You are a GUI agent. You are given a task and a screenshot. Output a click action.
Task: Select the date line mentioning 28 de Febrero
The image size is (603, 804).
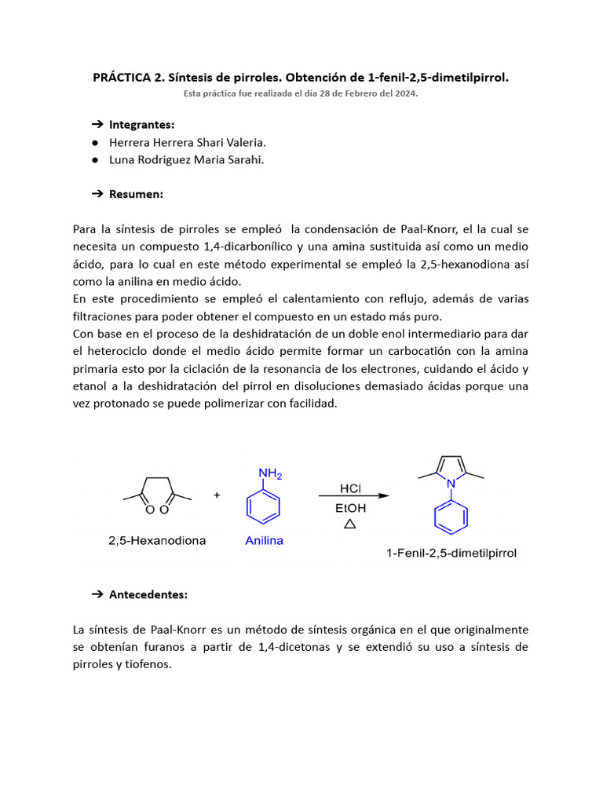(x=301, y=93)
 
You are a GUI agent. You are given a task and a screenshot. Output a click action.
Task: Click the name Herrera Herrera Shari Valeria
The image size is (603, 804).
(x=187, y=142)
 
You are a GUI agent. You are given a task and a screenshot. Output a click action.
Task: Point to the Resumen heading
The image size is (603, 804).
(x=136, y=193)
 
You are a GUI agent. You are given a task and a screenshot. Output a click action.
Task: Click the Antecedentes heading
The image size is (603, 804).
(x=148, y=594)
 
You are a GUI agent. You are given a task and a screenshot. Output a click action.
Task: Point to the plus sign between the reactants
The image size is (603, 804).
(x=217, y=495)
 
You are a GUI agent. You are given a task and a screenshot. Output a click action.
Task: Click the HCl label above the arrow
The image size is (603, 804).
(x=350, y=488)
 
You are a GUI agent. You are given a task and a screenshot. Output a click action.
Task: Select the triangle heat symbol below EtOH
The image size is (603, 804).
(x=350, y=524)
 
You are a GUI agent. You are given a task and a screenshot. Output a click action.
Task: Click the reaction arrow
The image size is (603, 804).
(x=353, y=496)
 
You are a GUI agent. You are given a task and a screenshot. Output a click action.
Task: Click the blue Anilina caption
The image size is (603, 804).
(x=263, y=541)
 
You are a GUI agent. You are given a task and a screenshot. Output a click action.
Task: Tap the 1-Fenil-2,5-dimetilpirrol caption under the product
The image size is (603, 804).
(x=451, y=554)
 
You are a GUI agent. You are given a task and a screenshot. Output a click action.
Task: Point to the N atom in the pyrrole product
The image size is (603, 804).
(x=451, y=484)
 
